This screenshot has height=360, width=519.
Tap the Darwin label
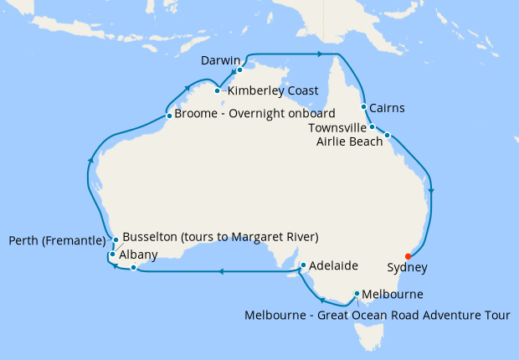click(x=222, y=61)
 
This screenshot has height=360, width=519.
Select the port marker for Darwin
click(x=239, y=70)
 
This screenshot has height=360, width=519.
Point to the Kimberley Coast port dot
click(x=217, y=90)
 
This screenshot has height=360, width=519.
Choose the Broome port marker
click(x=169, y=116)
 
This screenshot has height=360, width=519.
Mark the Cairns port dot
click(x=363, y=107)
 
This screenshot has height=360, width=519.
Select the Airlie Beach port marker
click(x=388, y=134)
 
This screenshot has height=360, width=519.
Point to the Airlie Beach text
click(x=349, y=141)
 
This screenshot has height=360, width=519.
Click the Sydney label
click(x=408, y=268)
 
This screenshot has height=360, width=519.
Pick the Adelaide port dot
click(x=303, y=266)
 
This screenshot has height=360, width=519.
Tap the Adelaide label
click(x=333, y=266)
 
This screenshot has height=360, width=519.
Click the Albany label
click(x=137, y=255)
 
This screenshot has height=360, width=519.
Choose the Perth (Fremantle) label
click(x=58, y=241)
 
